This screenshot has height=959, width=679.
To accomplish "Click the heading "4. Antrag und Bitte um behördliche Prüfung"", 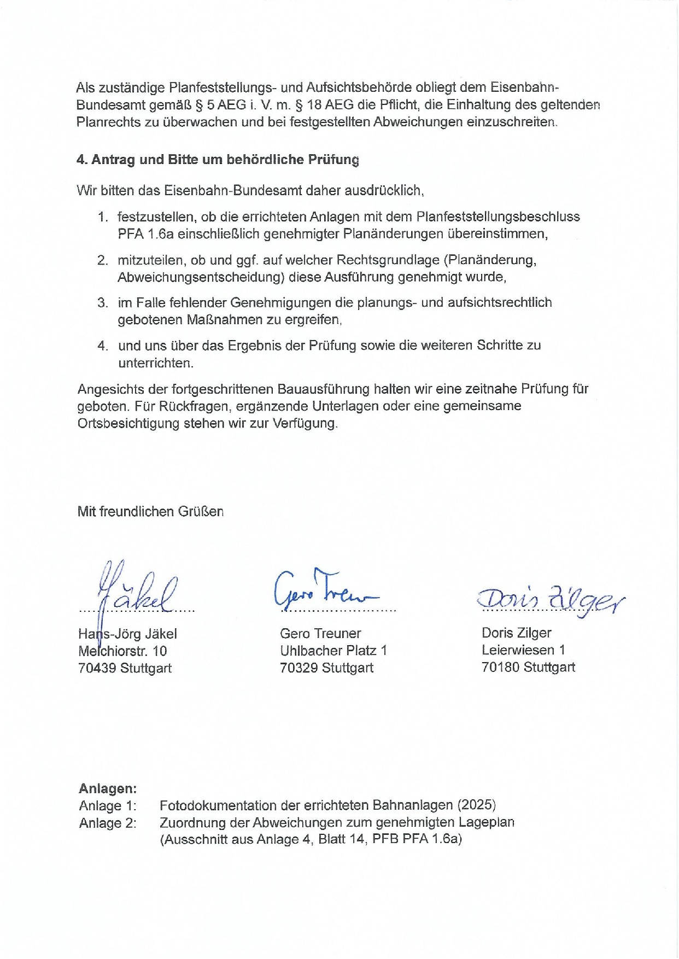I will [218, 160].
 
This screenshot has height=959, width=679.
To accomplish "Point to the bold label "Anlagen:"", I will [107, 788].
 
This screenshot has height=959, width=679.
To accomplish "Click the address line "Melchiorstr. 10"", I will [122, 651].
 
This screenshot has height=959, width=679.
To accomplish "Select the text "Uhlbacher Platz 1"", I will [333, 650].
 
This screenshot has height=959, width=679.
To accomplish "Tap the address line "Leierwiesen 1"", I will [523, 650].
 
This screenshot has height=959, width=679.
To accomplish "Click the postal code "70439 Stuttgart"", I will [125, 668].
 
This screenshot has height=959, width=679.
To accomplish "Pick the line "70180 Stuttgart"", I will [528, 666].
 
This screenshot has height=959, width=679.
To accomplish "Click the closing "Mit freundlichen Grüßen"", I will [150, 511].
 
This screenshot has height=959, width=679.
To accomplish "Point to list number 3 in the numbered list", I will [103, 302].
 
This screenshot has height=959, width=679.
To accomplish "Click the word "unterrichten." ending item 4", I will [156, 362].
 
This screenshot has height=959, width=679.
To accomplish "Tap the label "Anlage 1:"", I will [108, 805].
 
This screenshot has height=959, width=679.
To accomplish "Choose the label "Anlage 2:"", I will [108, 822].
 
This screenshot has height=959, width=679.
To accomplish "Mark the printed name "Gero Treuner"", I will [320, 633].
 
